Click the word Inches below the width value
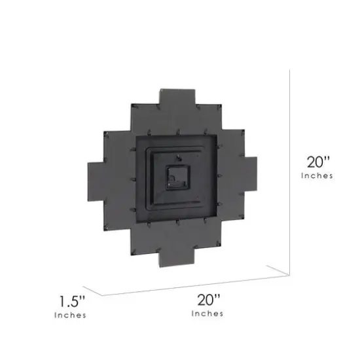click(207, 314)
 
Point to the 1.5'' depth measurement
click(70, 302)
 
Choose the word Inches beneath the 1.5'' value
click(69, 316)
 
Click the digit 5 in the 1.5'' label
click(75, 302)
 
